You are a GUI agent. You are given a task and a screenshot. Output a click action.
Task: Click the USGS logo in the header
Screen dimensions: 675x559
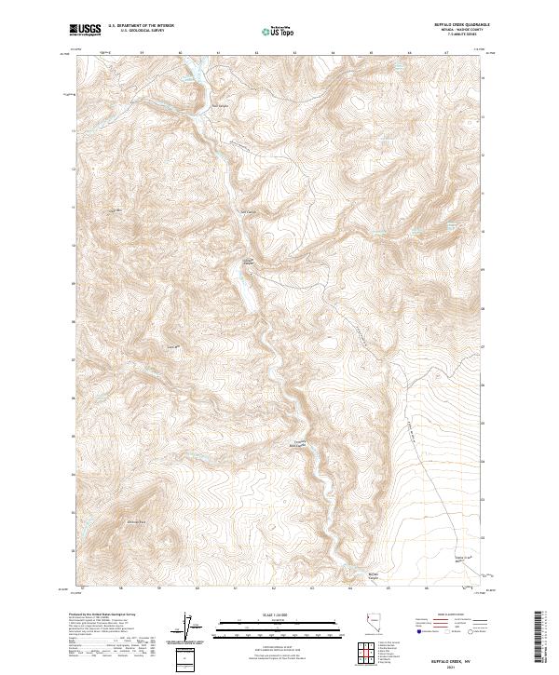(86, 30)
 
